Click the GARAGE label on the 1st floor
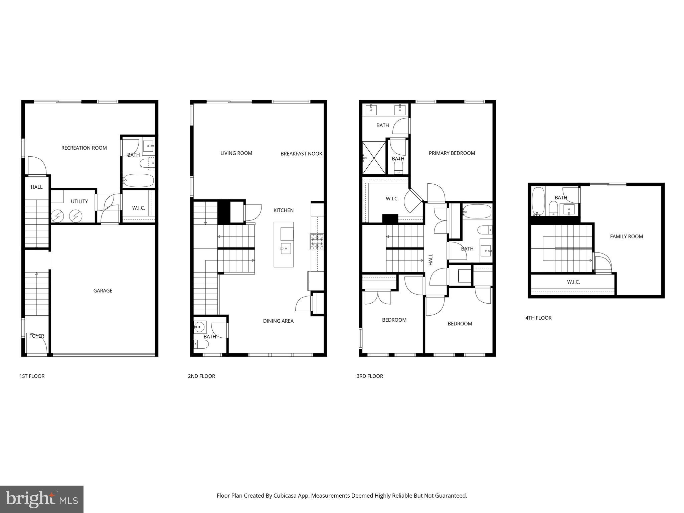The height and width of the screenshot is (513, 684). (103, 291)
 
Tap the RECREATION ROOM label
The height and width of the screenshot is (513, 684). (84, 148)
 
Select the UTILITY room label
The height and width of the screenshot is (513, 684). (79, 201)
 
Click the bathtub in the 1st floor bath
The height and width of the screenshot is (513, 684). (138, 181)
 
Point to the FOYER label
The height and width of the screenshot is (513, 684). (36, 336)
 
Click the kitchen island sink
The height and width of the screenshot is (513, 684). (286, 248)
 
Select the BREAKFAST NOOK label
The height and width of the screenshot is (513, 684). (301, 154)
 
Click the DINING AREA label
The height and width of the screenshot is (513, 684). (278, 321)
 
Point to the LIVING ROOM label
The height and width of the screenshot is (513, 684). (236, 153)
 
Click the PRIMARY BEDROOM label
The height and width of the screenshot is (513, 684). (452, 153)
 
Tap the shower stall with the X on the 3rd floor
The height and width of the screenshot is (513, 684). (374, 158)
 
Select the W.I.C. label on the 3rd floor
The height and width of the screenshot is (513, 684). (392, 199)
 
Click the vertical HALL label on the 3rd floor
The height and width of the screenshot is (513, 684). (431, 260)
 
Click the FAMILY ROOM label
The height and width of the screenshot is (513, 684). (626, 236)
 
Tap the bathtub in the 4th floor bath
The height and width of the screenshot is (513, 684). (538, 200)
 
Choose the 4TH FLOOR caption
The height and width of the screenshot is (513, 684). (538, 318)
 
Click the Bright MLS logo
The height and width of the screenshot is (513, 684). (42, 499)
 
